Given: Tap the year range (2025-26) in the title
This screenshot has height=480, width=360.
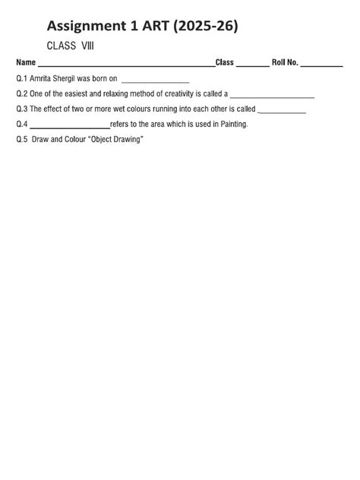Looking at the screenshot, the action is pyautogui.click(x=204, y=27).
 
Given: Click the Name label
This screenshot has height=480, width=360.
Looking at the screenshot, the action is pyautogui.click(x=26, y=63).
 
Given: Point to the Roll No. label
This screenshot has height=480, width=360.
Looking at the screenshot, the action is pyautogui.click(x=285, y=63).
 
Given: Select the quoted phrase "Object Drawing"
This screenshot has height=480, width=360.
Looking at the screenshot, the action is pyautogui.click(x=116, y=140).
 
